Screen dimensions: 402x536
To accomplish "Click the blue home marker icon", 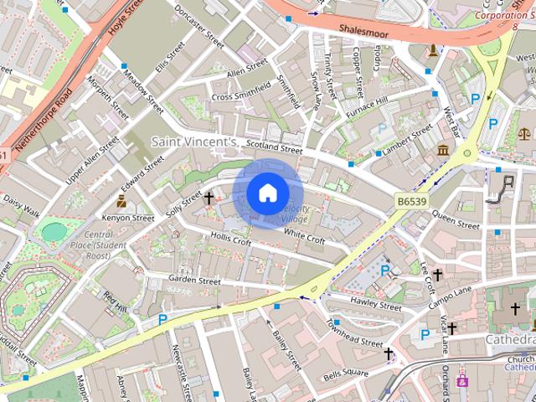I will pos(267,193).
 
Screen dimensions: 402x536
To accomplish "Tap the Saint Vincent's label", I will pos(194,143).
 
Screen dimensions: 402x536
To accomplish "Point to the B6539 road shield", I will pos(412,201).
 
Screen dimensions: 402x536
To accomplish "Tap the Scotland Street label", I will pos(268,147).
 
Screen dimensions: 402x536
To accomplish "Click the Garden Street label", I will pos(194,280).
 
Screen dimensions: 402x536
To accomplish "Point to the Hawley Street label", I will pos(376,303).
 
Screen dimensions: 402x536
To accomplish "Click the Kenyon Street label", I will pos(128,218).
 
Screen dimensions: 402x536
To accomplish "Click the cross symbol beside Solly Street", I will pos(209,198).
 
